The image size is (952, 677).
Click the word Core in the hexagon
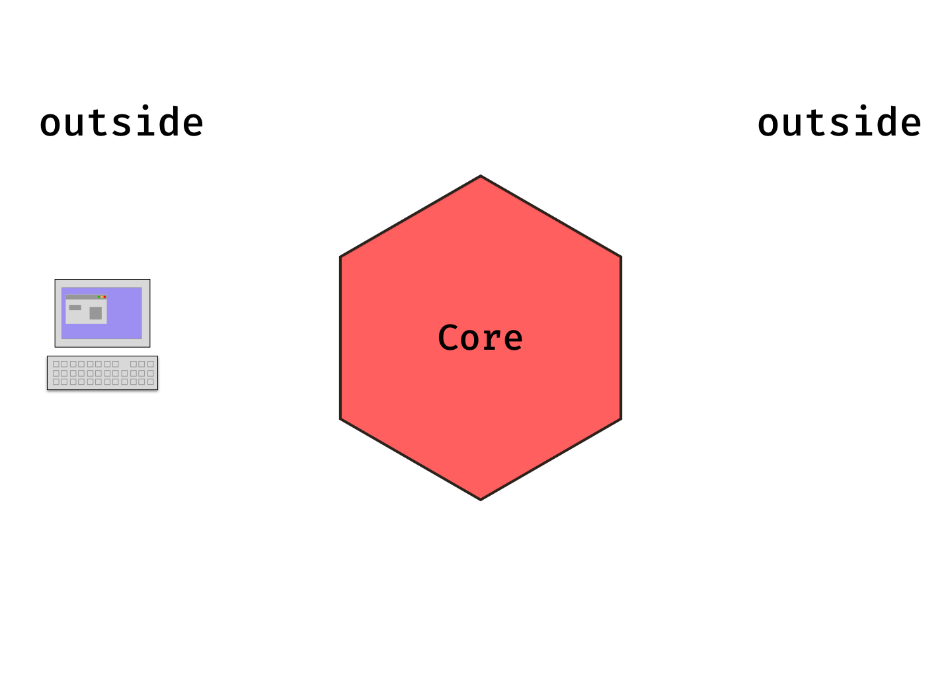tap(481, 338)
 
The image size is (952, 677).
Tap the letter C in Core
tap(449, 338)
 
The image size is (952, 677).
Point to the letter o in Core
tap(471, 340)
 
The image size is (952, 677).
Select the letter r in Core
tap(493, 340)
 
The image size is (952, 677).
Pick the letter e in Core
tap(512, 340)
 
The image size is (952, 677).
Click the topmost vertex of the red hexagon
tap(481, 177)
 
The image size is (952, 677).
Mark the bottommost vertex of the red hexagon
tap(481, 499)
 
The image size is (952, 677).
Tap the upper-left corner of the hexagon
tap(341, 257)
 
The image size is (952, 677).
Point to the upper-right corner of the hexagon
tap(621, 257)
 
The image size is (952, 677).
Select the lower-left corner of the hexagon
tap(341, 418)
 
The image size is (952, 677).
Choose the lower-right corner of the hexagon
tap(621, 418)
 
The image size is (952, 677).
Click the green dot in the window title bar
tap(99, 297)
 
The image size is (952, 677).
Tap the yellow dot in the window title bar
tap(102, 297)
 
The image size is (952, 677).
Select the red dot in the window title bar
tap(104, 297)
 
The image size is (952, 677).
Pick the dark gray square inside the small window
tap(96, 313)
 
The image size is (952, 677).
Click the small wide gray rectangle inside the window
tap(75, 307)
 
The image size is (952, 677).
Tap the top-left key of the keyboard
tap(56, 364)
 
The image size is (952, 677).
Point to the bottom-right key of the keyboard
tap(151, 381)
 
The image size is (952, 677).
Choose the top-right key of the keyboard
tap(151, 364)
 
